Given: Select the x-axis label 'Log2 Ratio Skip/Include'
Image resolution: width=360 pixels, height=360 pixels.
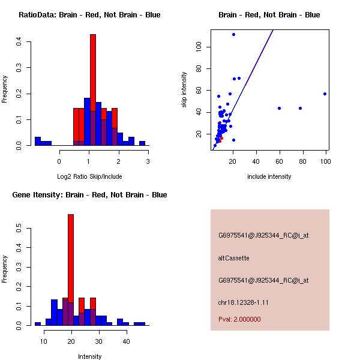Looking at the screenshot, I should coord(89,176).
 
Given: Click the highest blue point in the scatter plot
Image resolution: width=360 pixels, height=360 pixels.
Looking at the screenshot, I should coord(233,34).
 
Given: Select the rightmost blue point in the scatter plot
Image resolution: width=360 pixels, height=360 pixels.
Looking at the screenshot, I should coord(325,94).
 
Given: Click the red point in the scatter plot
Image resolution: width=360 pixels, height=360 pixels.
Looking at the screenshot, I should coord(221,138).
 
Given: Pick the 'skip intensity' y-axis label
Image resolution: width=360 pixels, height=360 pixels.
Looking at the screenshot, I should coord(184,90).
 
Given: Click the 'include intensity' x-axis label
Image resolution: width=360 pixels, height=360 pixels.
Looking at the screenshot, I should coord(269,176).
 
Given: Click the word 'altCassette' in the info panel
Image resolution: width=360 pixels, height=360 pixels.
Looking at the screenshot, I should coord(233,258).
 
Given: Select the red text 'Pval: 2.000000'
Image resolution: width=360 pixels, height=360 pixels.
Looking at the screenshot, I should coord(239,319).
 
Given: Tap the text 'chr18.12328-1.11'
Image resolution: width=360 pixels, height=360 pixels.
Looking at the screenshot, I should coord(243,302).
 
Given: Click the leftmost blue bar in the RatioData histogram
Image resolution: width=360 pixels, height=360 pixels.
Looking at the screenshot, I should coord(37,142).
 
